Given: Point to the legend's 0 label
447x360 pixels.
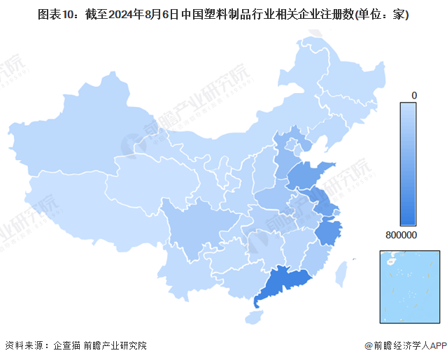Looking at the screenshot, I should click(414, 94).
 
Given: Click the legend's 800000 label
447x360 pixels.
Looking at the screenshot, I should click(400, 236).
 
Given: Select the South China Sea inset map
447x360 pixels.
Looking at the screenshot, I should click(407, 287).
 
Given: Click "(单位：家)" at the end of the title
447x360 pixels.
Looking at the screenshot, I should click(381, 14).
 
